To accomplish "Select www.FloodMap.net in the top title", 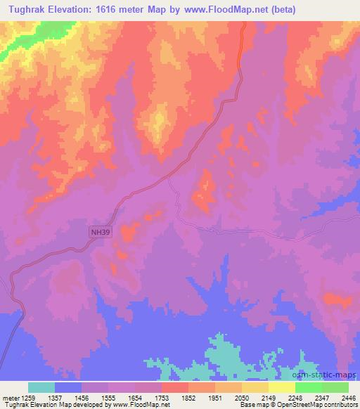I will (222, 10).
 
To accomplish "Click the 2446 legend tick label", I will (349, 397).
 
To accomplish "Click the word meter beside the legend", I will (10, 397).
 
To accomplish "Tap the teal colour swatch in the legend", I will (41, 387).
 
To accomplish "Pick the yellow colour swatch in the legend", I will (282, 387).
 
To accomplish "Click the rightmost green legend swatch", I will (335, 387).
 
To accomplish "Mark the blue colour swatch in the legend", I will (68, 387).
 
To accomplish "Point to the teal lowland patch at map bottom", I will (225, 355).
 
